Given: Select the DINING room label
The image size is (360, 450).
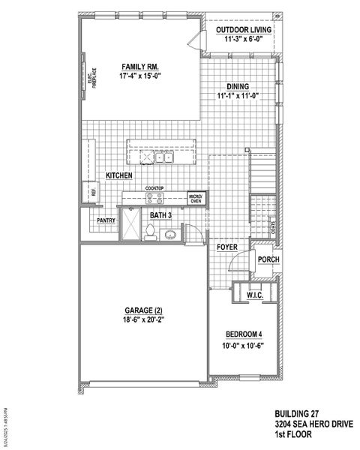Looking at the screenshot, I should pos(238,87).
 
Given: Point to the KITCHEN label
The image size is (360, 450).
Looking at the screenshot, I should pos(119,175).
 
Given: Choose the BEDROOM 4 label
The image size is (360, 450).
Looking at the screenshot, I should pos(245,334).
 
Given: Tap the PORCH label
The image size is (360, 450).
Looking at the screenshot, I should pos(268,260).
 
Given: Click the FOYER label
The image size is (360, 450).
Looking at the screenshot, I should pos(227,246).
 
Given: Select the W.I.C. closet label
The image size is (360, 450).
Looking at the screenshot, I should pos(256,296).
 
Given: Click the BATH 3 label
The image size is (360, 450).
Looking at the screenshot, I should pos(160,216).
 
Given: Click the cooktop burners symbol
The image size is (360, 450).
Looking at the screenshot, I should pos(154,199).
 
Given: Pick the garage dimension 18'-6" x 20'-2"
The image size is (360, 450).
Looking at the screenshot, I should pos(142,320).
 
